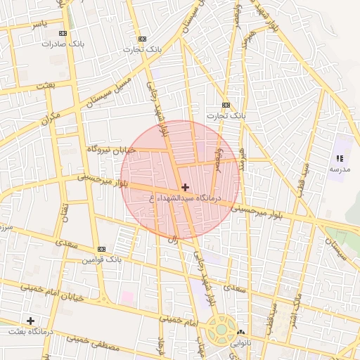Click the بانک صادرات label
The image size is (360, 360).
(63, 44)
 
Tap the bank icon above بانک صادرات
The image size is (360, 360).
(63, 33)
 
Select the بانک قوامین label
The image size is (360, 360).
(102, 260)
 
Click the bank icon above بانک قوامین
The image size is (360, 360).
(102, 250)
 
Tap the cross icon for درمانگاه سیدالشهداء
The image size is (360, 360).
(185, 187)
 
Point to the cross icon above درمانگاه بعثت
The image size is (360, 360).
(30, 321)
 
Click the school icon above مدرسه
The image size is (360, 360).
(340, 159)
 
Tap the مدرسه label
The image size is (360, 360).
(339, 169)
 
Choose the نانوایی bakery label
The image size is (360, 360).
(242, 345)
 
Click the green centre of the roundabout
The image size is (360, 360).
(221, 329)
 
